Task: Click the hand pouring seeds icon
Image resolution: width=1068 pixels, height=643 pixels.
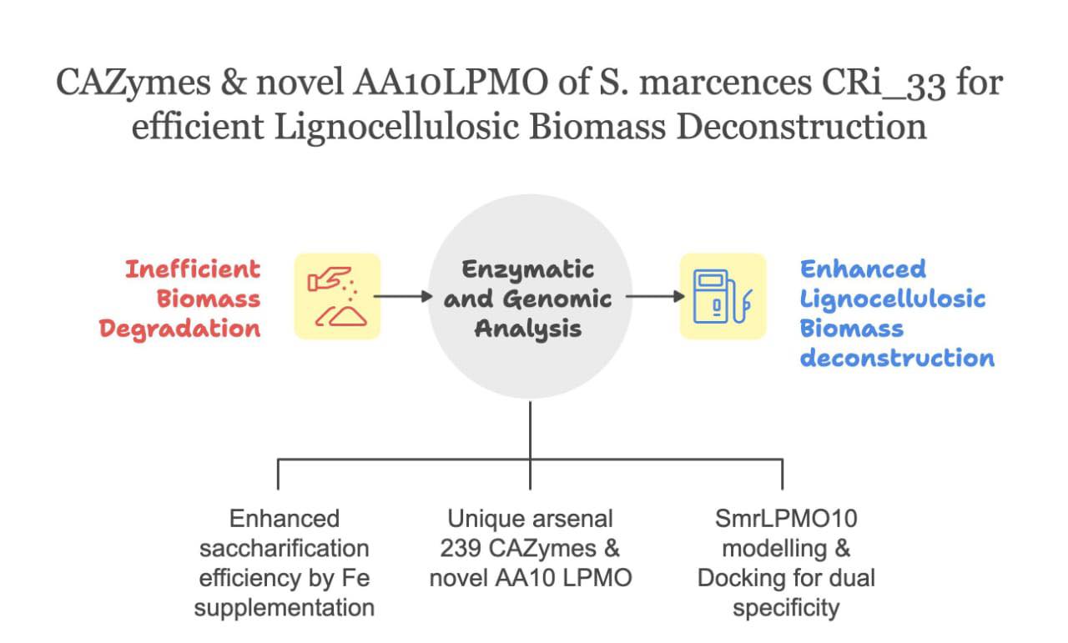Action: click(x=337, y=296)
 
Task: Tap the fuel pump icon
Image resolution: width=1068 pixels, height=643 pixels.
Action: click(x=723, y=296)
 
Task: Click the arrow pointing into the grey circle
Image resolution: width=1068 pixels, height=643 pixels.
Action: click(x=403, y=296)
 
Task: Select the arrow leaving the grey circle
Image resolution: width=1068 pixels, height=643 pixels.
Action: click(x=654, y=296)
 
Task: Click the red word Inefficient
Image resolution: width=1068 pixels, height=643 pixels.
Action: click(x=193, y=269)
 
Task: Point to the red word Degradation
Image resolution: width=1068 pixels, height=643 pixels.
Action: click(x=180, y=328)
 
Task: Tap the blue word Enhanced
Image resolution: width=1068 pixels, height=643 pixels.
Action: click(x=863, y=269)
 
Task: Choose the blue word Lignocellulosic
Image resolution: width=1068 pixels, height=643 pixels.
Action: click(x=893, y=299)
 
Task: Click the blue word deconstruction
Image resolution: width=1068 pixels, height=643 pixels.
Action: click(x=897, y=358)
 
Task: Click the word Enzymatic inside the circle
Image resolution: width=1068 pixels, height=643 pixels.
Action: click(x=528, y=269)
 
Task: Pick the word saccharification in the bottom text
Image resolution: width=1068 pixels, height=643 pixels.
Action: click(x=285, y=548)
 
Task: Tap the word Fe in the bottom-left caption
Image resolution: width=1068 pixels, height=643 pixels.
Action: click(x=354, y=577)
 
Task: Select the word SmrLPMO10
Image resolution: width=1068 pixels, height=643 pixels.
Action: click(x=785, y=519)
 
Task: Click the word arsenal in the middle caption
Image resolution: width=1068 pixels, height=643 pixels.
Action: click(x=570, y=519)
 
